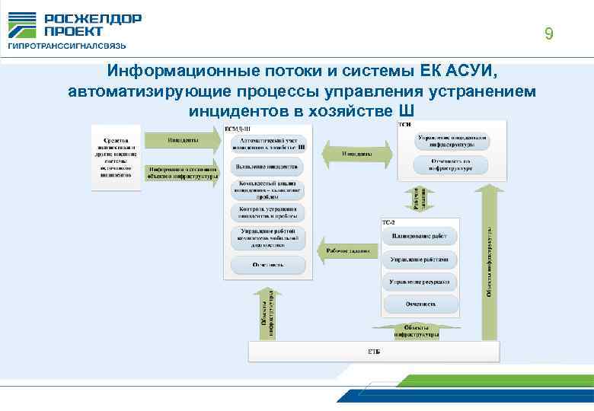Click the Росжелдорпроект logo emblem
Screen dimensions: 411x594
[x=22, y=24]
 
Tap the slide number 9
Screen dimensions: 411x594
[x=548, y=33]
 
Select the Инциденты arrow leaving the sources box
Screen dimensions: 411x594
[x=181, y=141]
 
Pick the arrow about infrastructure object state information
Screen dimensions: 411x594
[x=181, y=173]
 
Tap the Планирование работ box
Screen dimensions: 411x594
[x=420, y=237]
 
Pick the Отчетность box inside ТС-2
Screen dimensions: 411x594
[x=420, y=304]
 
